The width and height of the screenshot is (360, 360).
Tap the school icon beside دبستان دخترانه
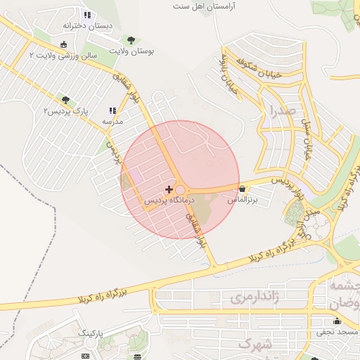pos(87,15)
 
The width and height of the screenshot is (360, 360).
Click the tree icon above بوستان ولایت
pos(129,40)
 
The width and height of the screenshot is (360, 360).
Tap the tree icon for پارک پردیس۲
pos(66,101)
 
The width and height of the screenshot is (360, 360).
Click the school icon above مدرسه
pos(112,110)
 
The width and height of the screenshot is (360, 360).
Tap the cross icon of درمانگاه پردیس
pos(168,189)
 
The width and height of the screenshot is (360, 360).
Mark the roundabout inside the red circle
pos(181,190)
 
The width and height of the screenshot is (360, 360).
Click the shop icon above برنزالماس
pos(243,188)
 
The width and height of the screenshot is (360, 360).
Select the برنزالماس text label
pos(243,200)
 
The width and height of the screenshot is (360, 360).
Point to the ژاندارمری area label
pos(255,297)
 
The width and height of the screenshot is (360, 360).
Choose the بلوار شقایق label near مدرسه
pos(148,105)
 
